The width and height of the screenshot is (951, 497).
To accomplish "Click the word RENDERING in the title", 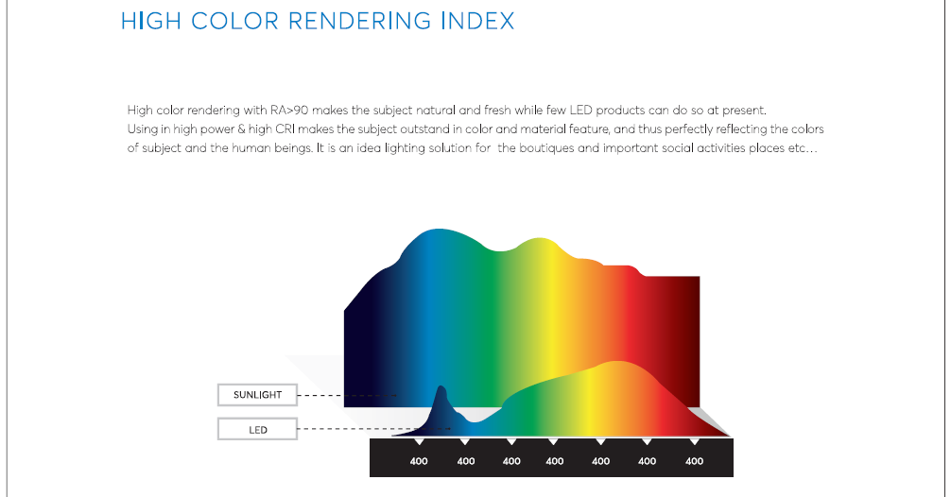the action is (x=359, y=21).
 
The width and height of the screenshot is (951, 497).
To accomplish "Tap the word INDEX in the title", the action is (x=478, y=21).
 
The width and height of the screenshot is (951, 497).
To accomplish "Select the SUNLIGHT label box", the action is (x=258, y=395).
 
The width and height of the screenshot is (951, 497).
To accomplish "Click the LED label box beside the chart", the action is (x=258, y=429).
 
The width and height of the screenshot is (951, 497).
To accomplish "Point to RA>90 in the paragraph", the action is (x=289, y=111).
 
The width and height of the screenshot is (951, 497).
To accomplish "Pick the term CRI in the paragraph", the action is (x=285, y=129).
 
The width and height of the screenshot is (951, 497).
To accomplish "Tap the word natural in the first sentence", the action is (x=436, y=111).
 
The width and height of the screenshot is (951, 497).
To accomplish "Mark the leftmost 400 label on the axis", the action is (x=419, y=461).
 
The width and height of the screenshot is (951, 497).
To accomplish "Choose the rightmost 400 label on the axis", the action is (x=694, y=461).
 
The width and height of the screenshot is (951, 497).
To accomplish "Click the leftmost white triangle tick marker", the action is (x=419, y=442).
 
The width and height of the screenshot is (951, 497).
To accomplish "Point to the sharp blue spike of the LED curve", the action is (x=441, y=389).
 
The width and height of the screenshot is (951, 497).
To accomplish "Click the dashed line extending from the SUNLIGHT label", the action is (x=347, y=395).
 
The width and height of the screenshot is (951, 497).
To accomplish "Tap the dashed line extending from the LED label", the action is (x=374, y=429).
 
